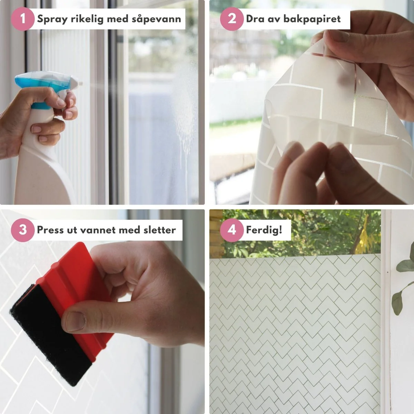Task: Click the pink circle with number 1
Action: coord(22,19)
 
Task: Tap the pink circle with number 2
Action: coord(231,19)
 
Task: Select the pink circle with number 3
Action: coord(22,230)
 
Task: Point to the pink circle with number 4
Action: coord(231,230)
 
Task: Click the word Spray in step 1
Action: coord(52,19)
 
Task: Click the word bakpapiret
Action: coord(312,19)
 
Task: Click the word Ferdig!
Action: coord(264,230)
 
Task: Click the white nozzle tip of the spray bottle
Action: coord(80,83)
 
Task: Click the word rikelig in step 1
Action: coord(87,19)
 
